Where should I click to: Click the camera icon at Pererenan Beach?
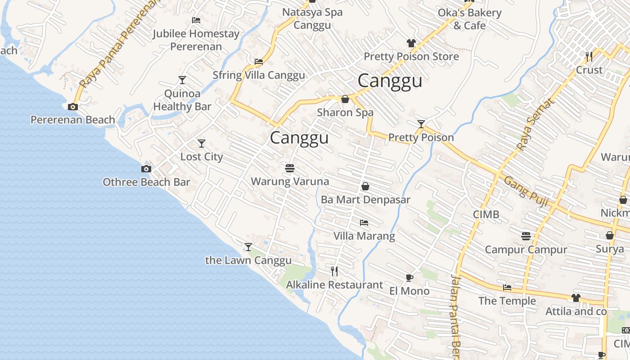click(x=73, y=107)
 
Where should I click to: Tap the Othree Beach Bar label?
click(x=146, y=182)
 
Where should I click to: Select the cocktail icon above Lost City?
click(x=202, y=144)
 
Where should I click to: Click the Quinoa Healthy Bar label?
click(x=182, y=100)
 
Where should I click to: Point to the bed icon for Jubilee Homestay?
click(x=196, y=20)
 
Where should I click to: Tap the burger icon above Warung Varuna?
click(x=290, y=168)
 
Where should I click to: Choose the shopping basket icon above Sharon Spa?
click(x=345, y=99)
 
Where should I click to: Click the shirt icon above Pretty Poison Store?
click(x=411, y=43)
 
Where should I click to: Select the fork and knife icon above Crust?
click(x=589, y=57)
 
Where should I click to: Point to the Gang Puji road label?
click(x=526, y=192)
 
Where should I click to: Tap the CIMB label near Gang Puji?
click(x=486, y=215)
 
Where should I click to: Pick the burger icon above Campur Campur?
click(x=526, y=236)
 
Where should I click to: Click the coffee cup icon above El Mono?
click(x=409, y=278)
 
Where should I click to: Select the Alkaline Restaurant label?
click(x=334, y=285)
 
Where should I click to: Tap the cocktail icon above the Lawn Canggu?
click(x=248, y=247)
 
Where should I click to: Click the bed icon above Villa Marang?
click(x=364, y=223)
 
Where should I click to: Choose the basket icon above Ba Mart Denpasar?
click(x=365, y=186)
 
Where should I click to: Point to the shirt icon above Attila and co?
click(x=576, y=298)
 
